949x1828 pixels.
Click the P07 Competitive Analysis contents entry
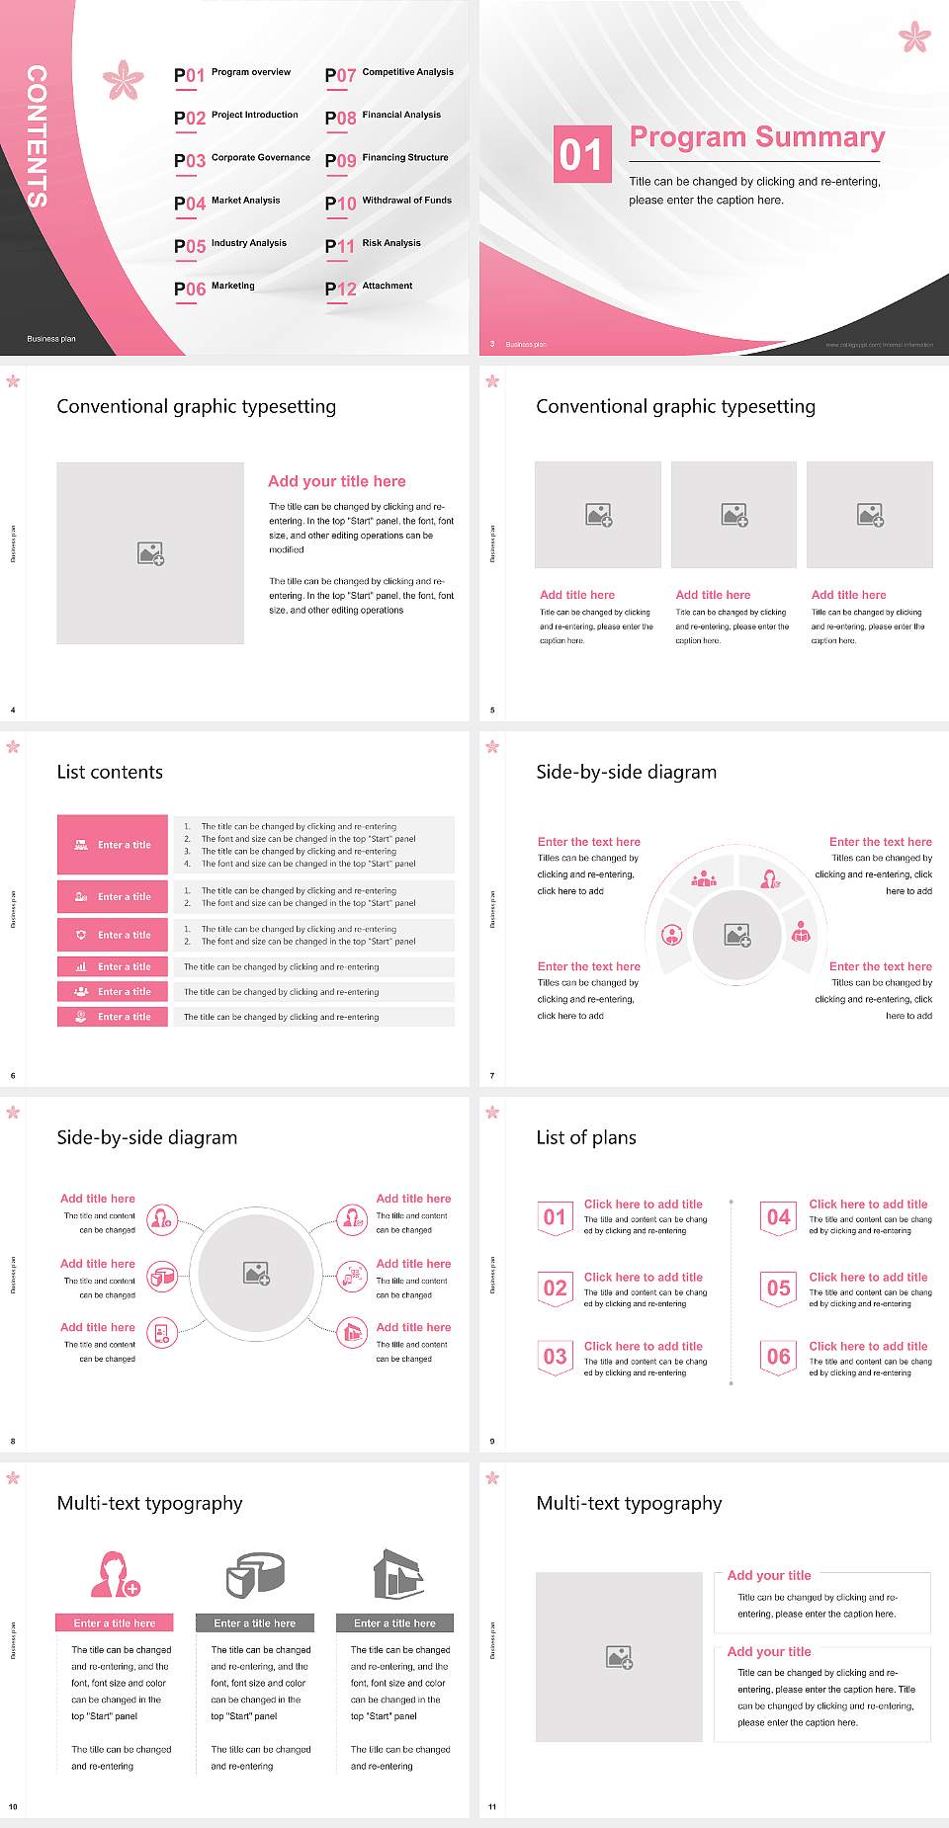tap(389, 74)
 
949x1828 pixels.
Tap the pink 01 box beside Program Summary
tap(582, 154)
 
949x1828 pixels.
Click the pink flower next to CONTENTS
tap(124, 80)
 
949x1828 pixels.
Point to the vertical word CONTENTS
tap(36, 136)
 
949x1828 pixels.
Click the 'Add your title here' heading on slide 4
tap(336, 481)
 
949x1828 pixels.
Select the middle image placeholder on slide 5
tap(733, 515)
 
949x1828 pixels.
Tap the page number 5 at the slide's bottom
tap(492, 709)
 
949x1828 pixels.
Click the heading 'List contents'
tap(110, 772)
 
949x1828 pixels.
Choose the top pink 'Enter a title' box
tap(113, 845)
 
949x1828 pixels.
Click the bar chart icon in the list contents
tap(81, 966)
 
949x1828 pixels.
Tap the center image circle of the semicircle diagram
tap(737, 935)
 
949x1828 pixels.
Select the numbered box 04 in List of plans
tap(779, 1217)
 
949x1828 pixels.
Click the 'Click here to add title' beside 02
tap(643, 1277)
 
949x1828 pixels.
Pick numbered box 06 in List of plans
tap(779, 1357)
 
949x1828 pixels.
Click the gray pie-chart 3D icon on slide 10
tap(255, 1574)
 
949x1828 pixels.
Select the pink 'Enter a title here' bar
tap(115, 1622)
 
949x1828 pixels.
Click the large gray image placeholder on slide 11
tap(619, 1656)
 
